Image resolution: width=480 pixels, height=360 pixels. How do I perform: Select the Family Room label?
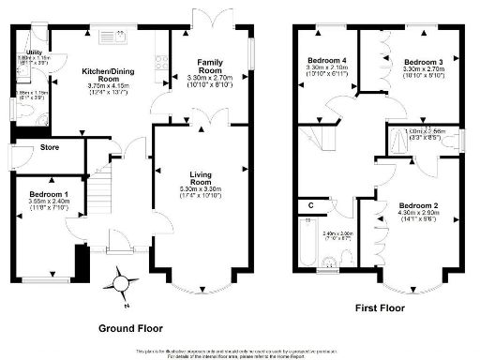209,67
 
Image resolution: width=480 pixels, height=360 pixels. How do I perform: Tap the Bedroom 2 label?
419,204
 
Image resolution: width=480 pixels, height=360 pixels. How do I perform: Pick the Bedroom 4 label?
327,61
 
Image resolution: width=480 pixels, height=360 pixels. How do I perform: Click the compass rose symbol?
120,282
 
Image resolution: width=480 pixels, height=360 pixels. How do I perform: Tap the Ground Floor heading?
131,329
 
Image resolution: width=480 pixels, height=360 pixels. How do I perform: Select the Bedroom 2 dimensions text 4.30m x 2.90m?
419,214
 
